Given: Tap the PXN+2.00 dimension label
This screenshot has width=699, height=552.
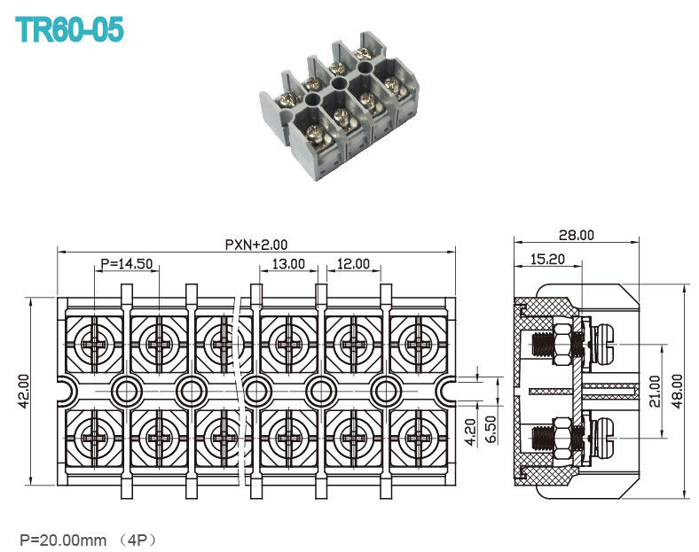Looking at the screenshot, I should [x=255, y=245].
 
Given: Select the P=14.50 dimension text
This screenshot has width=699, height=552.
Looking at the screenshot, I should [x=127, y=264].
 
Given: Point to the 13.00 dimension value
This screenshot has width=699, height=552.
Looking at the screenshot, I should [x=288, y=264].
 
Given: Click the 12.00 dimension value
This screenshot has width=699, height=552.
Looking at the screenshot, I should [x=352, y=264].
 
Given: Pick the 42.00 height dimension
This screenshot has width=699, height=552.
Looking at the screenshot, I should [x=24, y=391].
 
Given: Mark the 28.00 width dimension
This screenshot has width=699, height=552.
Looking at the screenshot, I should [x=576, y=235].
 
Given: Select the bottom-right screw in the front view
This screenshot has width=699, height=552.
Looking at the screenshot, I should [x=418, y=438].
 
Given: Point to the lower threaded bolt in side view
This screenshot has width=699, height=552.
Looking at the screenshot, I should [x=544, y=438].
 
